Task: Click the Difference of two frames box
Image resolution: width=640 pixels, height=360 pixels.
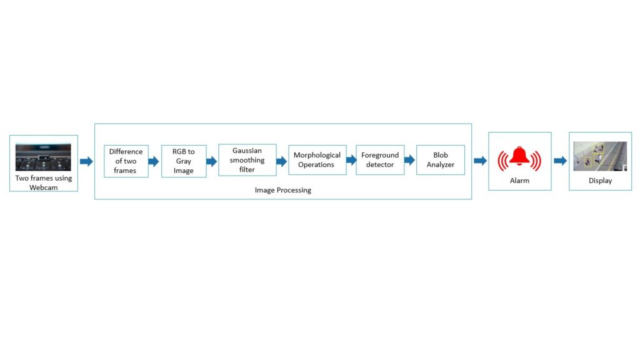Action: [126, 161]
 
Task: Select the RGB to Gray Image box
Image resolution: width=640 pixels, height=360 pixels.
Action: [184, 161]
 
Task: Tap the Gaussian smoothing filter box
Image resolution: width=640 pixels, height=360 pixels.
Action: [247, 160]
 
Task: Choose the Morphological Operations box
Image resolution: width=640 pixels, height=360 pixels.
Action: [317, 160]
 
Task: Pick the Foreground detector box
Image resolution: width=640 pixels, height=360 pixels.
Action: [380, 160]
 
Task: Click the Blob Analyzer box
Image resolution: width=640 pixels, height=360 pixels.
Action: [441, 160]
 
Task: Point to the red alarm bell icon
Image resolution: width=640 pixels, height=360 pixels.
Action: [519, 157]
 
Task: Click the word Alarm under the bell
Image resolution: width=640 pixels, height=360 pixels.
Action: [519, 181]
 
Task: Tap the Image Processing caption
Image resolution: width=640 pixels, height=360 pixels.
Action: [282, 190]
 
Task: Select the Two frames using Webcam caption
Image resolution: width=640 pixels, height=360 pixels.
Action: [44, 182]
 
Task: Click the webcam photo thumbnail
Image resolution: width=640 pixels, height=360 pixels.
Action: [43, 157]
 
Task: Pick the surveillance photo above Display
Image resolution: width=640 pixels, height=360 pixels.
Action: [600, 156]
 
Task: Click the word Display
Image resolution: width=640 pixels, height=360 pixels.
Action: [600, 181]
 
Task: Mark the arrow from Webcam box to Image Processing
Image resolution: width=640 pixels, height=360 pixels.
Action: [86, 161]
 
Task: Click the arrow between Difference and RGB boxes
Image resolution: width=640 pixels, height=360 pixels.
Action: [154, 161]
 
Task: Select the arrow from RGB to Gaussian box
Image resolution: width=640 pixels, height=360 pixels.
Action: [212, 161]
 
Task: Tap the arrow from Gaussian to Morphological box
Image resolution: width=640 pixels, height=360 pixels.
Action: [282, 161]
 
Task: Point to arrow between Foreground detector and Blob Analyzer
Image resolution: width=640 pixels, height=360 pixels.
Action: [410, 160]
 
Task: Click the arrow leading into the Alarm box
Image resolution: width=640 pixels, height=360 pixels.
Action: [480, 161]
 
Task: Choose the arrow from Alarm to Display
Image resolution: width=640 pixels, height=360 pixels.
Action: [560, 161]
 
